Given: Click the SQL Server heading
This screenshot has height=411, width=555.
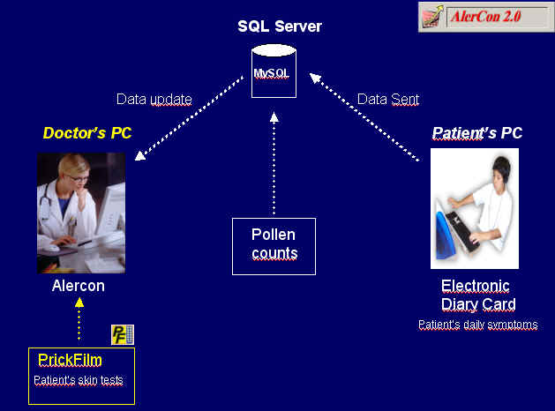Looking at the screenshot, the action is pos(280,26).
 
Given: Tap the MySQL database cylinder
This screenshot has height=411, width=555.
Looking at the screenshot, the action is pos(274,71).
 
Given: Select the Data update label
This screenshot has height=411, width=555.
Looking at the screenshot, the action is pos(154,100).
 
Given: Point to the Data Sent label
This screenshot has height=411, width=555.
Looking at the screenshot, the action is pos(388,100).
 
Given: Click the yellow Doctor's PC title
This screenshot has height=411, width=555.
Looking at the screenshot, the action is pos(87,133).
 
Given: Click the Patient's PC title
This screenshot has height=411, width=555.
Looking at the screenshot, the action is pos(476,133).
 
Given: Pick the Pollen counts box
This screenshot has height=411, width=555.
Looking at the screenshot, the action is pos(274,246).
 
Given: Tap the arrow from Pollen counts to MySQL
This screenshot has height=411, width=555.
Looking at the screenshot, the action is pos(274,163).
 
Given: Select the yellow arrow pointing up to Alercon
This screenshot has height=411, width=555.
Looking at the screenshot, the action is pos(79,319).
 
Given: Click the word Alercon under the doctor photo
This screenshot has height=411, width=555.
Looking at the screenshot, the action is pos(79,286).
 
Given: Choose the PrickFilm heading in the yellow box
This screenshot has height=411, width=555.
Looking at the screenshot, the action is pos(70,360).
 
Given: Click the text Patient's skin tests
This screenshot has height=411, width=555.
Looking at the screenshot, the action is pos(79,380).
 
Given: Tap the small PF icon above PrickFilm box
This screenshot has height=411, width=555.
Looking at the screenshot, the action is pos(123,334).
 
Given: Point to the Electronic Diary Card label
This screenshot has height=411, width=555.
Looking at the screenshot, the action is pos(478,295).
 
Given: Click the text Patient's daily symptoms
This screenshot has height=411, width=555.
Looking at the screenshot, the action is pos(478,325).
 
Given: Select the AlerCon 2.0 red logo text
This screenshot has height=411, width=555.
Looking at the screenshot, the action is pos(485,17).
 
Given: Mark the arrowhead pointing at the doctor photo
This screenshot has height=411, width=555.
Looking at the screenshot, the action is pos(140,155).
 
